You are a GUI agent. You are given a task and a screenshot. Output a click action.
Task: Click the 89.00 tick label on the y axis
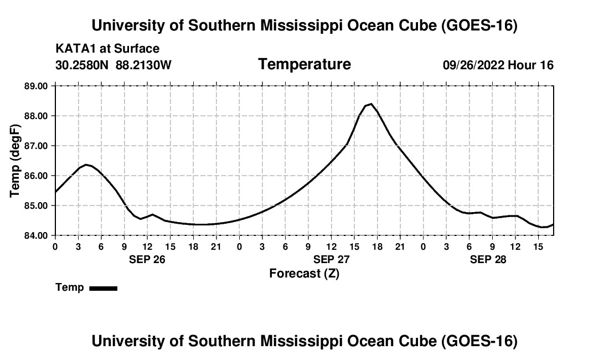click(x=36, y=86)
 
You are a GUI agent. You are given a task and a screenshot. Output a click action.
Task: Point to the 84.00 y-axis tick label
click(x=36, y=235)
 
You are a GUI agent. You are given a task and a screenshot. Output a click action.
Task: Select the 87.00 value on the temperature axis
click(x=36, y=146)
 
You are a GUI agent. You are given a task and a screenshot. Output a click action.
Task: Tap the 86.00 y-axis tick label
click(x=36, y=176)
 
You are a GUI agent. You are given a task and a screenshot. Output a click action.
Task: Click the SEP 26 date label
click(x=147, y=259)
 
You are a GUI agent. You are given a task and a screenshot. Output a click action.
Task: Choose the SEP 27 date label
click(x=331, y=259)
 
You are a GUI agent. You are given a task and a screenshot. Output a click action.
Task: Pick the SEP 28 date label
click(x=488, y=259)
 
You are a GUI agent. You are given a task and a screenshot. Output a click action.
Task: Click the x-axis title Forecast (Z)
click(x=304, y=274)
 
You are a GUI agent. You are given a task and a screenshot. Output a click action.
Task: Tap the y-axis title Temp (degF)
click(x=15, y=161)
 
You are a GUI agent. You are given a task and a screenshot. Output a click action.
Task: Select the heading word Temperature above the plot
click(x=304, y=64)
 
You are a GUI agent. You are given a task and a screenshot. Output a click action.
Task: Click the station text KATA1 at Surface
click(x=107, y=49)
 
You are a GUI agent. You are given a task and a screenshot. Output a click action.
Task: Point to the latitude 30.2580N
click(x=82, y=65)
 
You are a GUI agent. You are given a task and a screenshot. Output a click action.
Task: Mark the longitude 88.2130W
click(x=143, y=65)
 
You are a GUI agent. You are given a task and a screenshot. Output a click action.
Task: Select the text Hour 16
click(x=530, y=65)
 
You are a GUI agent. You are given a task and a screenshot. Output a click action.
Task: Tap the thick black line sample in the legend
click(x=104, y=288)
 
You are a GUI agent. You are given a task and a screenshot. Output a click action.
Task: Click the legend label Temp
click(x=70, y=287)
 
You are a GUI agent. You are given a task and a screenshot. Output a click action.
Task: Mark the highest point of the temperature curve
click(x=371, y=104)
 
